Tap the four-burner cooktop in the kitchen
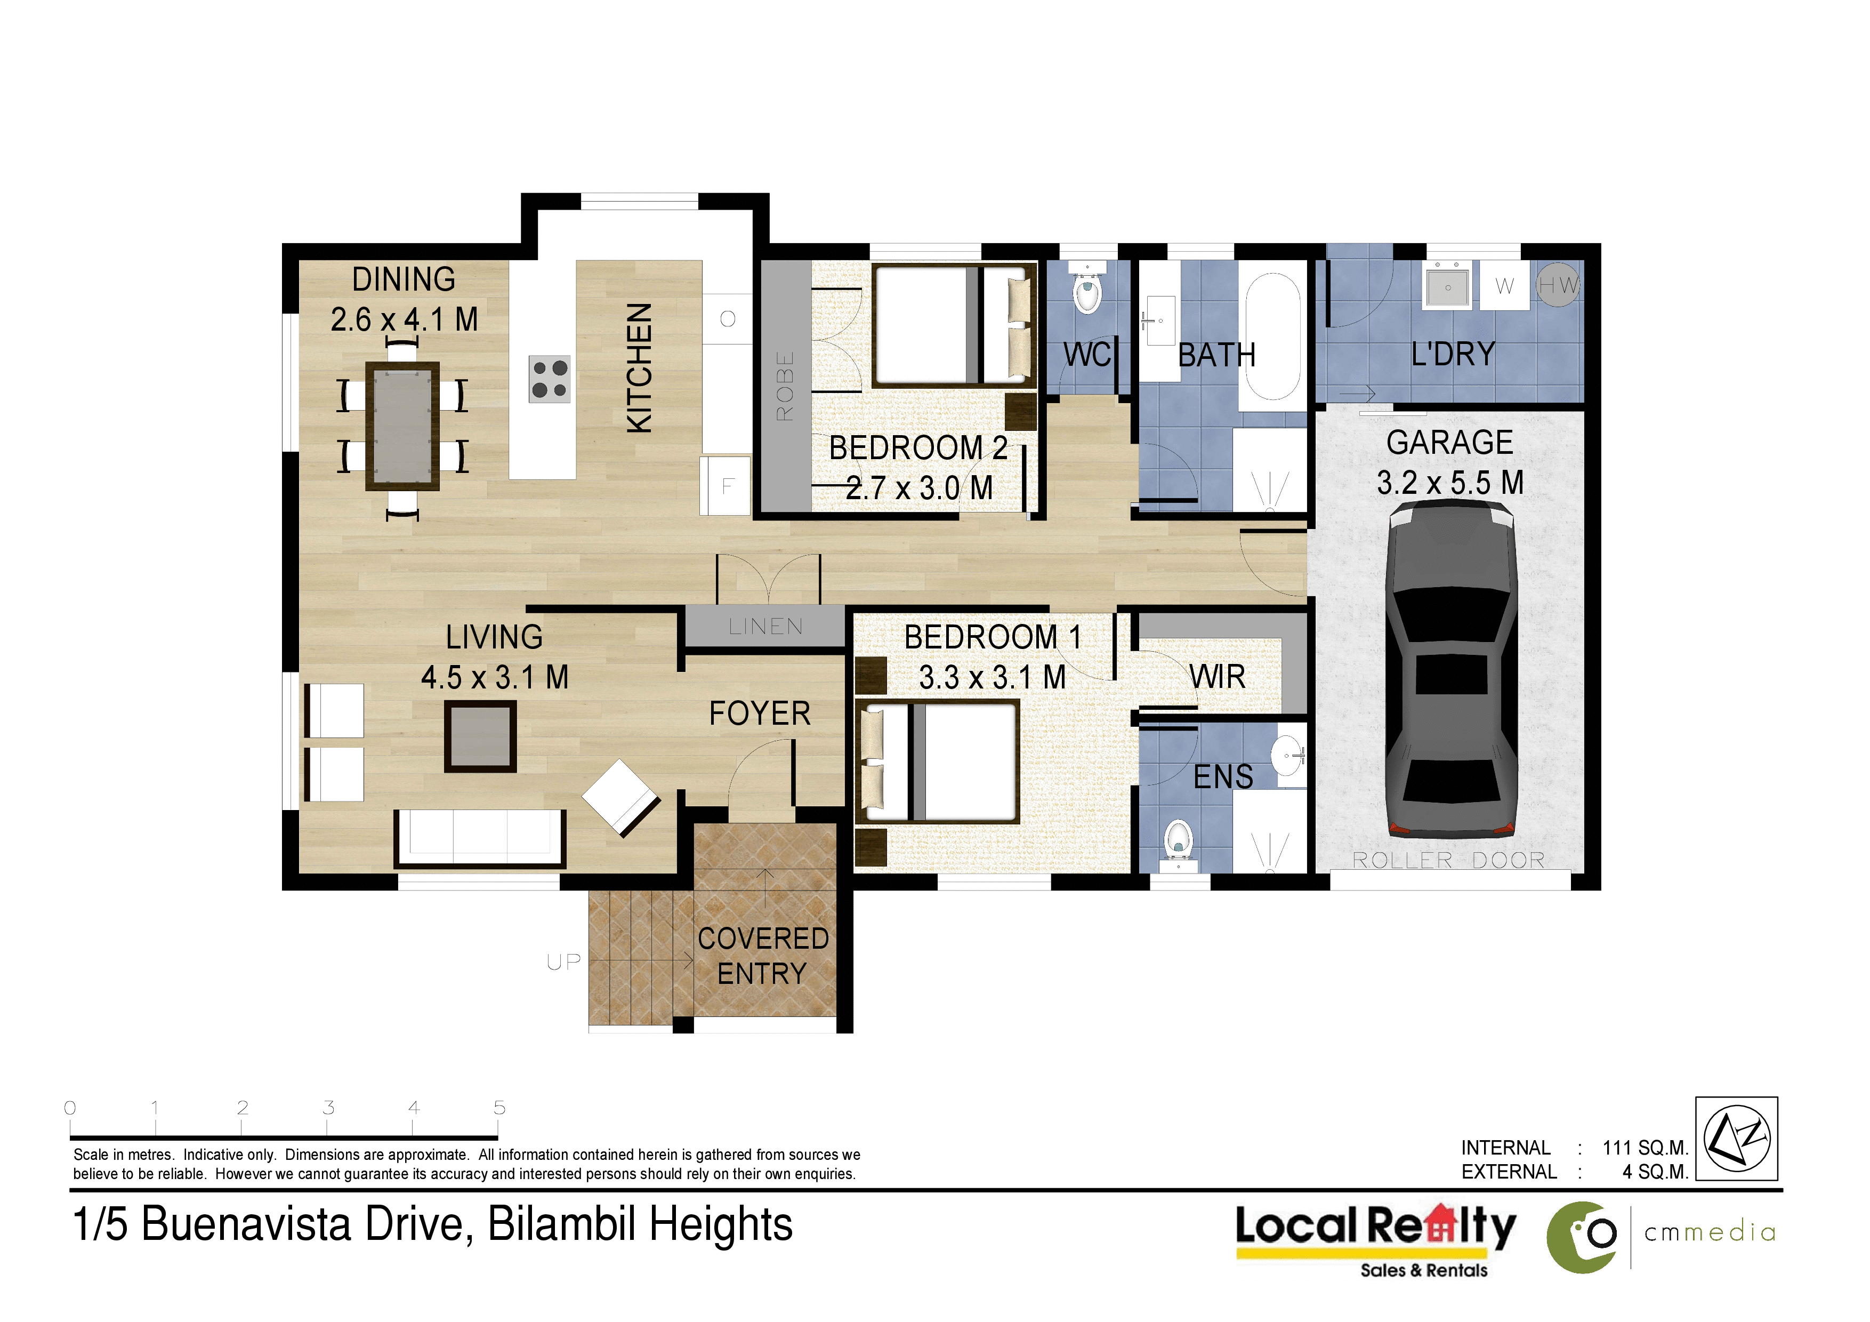550,379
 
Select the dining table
402,426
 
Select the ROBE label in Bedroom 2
784,385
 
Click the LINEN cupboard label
765,627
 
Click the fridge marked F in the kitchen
725,486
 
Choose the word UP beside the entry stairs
563,962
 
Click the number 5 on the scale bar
499,1108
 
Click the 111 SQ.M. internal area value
1645,1148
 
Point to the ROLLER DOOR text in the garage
1449,860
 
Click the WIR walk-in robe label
1217,677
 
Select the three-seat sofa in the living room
480,839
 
